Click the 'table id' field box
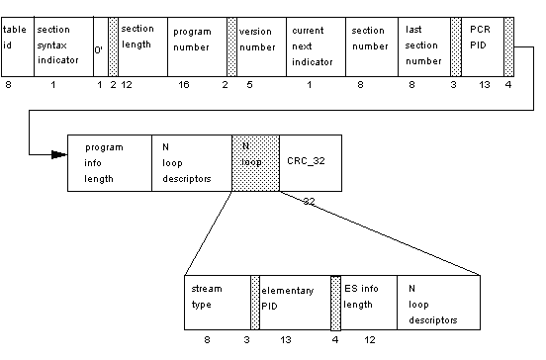pos(17,46)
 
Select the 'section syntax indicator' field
pos(61,46)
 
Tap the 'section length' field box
pos(142,46)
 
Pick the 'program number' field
pos(196,46)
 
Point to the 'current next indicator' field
pos(315,46)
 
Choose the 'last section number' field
pos(424,46)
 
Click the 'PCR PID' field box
pos(483,46)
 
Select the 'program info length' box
pos(109,162)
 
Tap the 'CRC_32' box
pos(312,162)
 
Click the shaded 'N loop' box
pos(256,162)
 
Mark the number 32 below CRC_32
pos(309,201)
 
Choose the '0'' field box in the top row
pos(99,46)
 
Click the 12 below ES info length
pos(370,340)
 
